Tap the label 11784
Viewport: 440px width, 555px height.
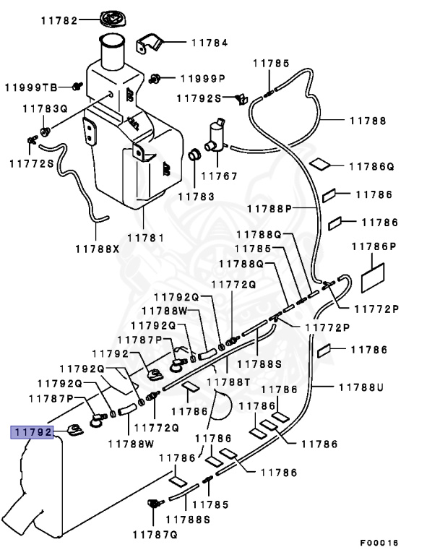click(x=210, y=43)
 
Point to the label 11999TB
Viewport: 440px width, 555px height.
click(x=30, y=87)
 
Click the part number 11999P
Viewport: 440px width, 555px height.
click(x=202, y=77)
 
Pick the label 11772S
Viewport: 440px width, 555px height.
click(x=31, y=163)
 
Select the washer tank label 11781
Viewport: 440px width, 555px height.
click(x=145, y=236)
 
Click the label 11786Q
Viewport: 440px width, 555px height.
click(x=371, y=166)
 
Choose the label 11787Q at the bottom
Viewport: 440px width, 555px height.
click(x=155, y=534)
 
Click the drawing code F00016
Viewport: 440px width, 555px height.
click(x=379, y=543)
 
